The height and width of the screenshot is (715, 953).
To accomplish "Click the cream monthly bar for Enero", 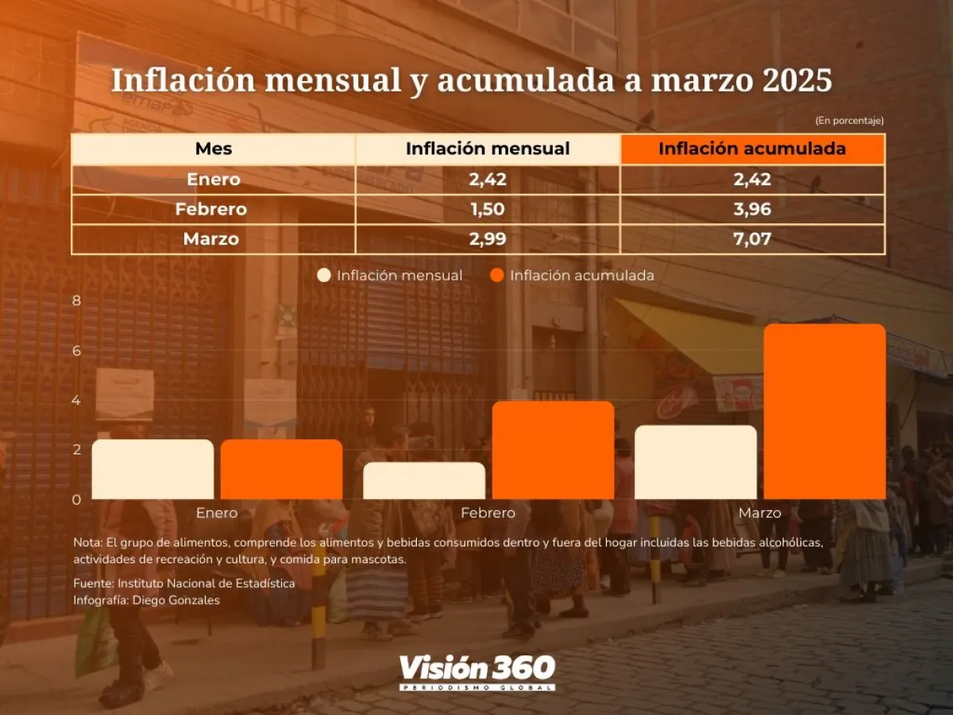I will [x=153, y=470].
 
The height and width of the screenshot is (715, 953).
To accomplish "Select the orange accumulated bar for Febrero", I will [x=553, y=450].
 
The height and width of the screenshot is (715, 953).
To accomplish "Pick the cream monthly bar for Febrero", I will [x=424, y=481].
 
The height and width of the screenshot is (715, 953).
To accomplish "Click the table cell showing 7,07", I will [x=752, y=239].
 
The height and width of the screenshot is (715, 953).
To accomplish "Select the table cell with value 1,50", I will [x=488, y=210].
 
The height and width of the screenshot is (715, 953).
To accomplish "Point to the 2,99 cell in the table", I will [x=488, y=239].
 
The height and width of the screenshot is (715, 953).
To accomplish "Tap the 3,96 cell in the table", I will [x=752, y=210].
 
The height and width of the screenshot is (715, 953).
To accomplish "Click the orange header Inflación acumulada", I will [x=752, y=149].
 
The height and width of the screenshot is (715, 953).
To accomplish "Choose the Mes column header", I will [x=214, y=149].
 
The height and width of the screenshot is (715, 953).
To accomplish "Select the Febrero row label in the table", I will [x=211, y=210].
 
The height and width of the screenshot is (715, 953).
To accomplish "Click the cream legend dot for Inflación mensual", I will [x=324, y=276].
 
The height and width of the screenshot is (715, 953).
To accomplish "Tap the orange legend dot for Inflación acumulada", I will [x=497, y=276].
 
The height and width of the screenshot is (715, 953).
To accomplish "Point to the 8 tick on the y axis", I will [x=76, y=300].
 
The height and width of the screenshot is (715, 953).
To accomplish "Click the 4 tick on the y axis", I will [x=76, y=400].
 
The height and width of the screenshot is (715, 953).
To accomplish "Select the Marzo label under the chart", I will [x=760, y=513].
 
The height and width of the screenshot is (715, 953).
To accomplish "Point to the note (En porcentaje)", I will [x=849, y=121].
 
